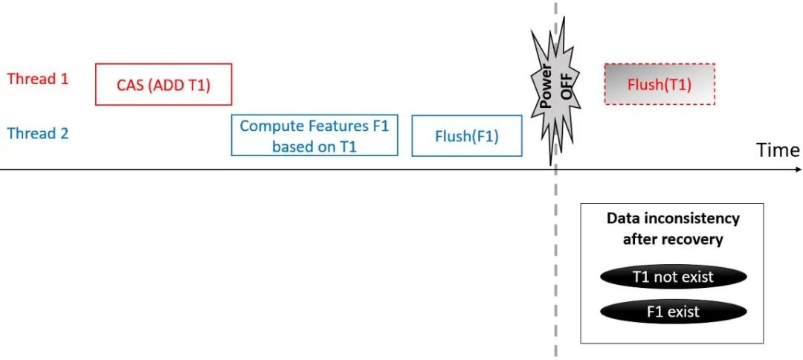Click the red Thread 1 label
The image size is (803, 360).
coord(38,79)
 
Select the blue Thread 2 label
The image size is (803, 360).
coord(38,134)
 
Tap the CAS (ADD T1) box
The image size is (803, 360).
coord(164,85)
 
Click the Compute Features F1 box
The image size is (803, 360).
coord(315,135)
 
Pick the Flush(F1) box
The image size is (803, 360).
coord(466,137)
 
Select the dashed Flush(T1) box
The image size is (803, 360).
coord(660,84)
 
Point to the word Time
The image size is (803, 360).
coord(778,150)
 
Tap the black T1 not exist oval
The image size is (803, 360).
coord(673,277)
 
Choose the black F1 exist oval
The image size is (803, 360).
coord(673,311)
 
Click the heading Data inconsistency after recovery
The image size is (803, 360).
coord(673,229)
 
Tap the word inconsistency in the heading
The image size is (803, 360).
coord(692,219)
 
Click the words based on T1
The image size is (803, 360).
coord(315,147)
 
